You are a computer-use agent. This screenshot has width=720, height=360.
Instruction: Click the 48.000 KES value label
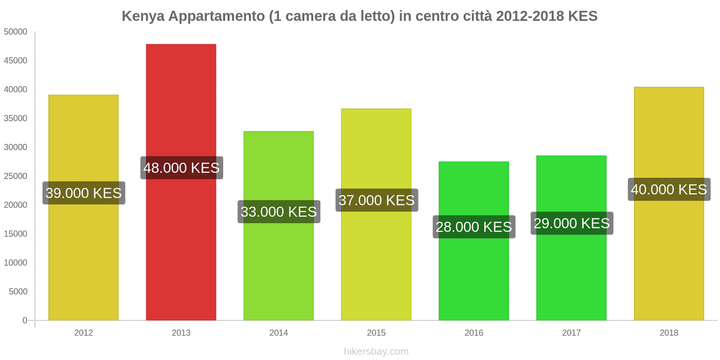coord(181,168)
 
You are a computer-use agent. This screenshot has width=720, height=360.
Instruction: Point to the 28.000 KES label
coord(474,227)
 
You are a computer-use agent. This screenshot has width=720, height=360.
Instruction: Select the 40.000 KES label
coord(669,189)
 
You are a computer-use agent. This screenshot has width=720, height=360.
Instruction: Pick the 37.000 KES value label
coord(376,200)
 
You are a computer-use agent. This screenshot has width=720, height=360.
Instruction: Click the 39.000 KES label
coord(84,193)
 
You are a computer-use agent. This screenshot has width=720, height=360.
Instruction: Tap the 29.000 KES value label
coord(571,223)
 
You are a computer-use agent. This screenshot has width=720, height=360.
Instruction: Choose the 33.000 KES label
coord(279,212)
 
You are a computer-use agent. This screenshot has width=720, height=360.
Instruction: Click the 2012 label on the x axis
coord(83,333)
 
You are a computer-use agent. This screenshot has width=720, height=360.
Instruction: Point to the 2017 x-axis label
coord(571,333)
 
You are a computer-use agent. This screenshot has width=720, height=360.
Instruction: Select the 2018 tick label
coord(669,333)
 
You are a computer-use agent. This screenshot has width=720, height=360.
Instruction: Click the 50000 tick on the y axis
coord(16,32)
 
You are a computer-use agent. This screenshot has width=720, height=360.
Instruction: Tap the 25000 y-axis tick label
coord(16,176)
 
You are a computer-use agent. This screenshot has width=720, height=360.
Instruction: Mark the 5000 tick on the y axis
coord(18,292)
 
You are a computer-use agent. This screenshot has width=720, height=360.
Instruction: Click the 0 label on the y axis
coord(25,320)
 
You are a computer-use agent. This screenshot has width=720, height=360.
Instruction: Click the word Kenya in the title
coord(143,16)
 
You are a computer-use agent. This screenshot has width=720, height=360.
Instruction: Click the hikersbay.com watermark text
coord(376,351)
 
